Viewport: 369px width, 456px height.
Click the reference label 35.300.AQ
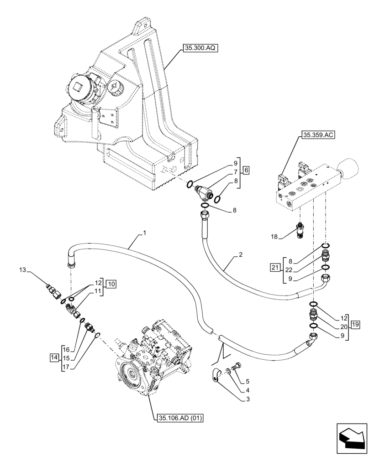pos(201,48)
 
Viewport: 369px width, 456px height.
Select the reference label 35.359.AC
pos(318,135)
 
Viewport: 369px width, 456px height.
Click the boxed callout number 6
pos(246,170)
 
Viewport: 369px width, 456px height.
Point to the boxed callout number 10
pos(111,284)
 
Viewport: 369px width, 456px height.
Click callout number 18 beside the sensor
pos(274,237)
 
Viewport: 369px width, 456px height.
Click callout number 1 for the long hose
pos(144,233)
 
